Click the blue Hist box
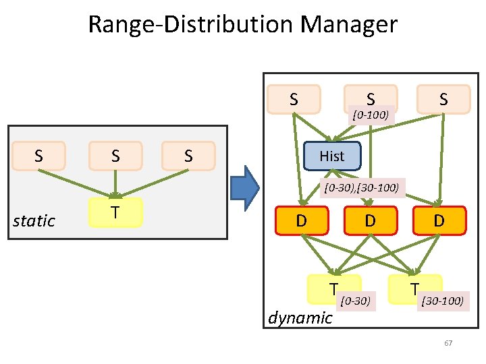point(332,156)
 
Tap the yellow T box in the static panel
point(115,212)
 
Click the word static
point(34,221)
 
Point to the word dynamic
point(300,317)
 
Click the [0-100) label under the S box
point(370,115)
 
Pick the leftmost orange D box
point(302,220)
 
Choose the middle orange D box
point(370,220)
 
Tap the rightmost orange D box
point(439,220)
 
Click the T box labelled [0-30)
point(333,289)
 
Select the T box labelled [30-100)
point(416,289)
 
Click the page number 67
point(448,344)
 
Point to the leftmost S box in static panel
point(39,156)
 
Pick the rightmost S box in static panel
point(188,156)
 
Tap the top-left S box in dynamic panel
point(294,98)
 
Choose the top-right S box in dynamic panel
point(443,98)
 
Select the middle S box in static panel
point(115,156)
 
